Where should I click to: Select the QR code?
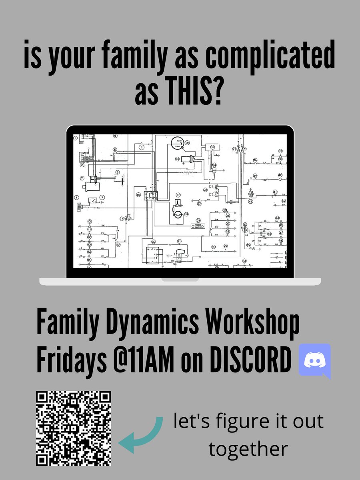[74, 428]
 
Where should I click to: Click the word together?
[248, 449]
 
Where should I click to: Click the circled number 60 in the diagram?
[153, 242]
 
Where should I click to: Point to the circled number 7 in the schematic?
[82, 178]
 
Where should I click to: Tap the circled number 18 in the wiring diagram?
[138, 195]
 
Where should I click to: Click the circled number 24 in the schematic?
[198, 220]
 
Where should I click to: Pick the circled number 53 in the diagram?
[177, 159]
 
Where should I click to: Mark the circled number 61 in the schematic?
[250, 201]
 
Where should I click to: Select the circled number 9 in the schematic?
[102, 197]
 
